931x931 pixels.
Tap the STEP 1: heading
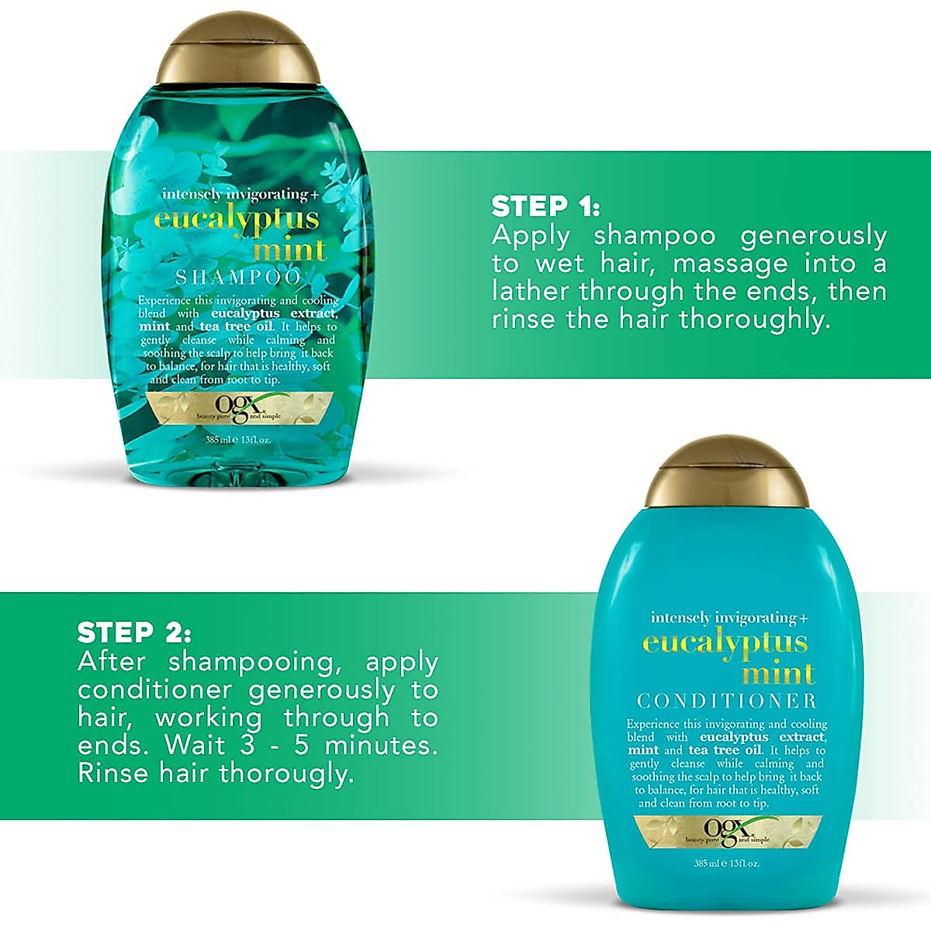coord(545,206)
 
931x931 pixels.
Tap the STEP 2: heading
coord(133,633)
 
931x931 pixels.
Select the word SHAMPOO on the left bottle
coord(238,277)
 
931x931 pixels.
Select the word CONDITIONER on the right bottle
coord(727,701)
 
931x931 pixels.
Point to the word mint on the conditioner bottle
coord(779,673)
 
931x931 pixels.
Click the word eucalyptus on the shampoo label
coord(237,219)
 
